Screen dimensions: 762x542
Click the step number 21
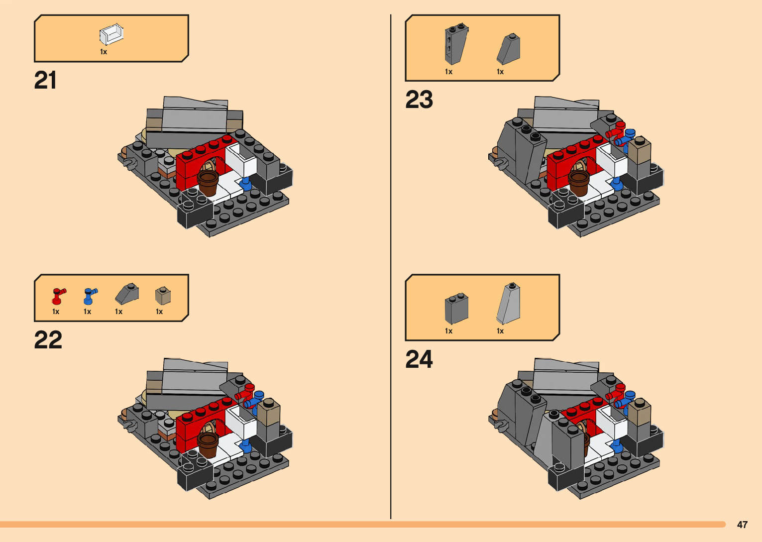click(45, 81)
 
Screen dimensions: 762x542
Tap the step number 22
click(48, 339)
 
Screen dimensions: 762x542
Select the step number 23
click(419, 100)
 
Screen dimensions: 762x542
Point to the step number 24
click(419, 359)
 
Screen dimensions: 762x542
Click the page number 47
click(742, 525)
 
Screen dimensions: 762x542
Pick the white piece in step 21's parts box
click(111, 34)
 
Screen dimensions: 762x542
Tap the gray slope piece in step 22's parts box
click(127, 293)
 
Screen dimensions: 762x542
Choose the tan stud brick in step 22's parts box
click(163, 295)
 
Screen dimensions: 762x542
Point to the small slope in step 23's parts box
click(508, 49)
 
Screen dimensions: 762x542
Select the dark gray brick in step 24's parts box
click(456, 308)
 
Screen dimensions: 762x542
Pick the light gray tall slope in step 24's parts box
click(508, 303)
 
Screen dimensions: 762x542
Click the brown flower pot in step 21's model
click(208, 183)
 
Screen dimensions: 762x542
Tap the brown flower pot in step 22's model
click(208, 444)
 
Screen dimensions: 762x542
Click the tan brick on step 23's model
click(639, 150)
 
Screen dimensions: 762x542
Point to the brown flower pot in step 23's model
click(579, 183)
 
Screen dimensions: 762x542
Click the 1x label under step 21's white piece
click(104, 52)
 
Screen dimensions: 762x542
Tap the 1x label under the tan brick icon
click(159, 312)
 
